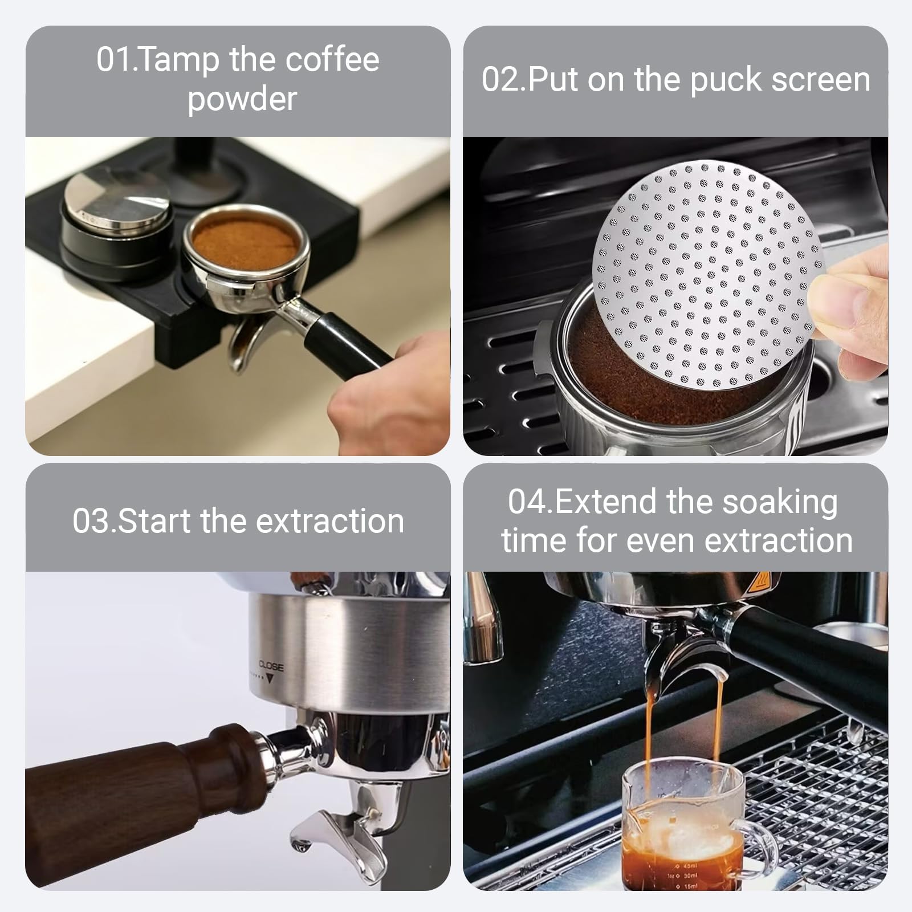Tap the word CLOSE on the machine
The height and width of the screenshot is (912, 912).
(x=271, y=666)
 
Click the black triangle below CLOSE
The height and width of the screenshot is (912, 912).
(x=271, y=679)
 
